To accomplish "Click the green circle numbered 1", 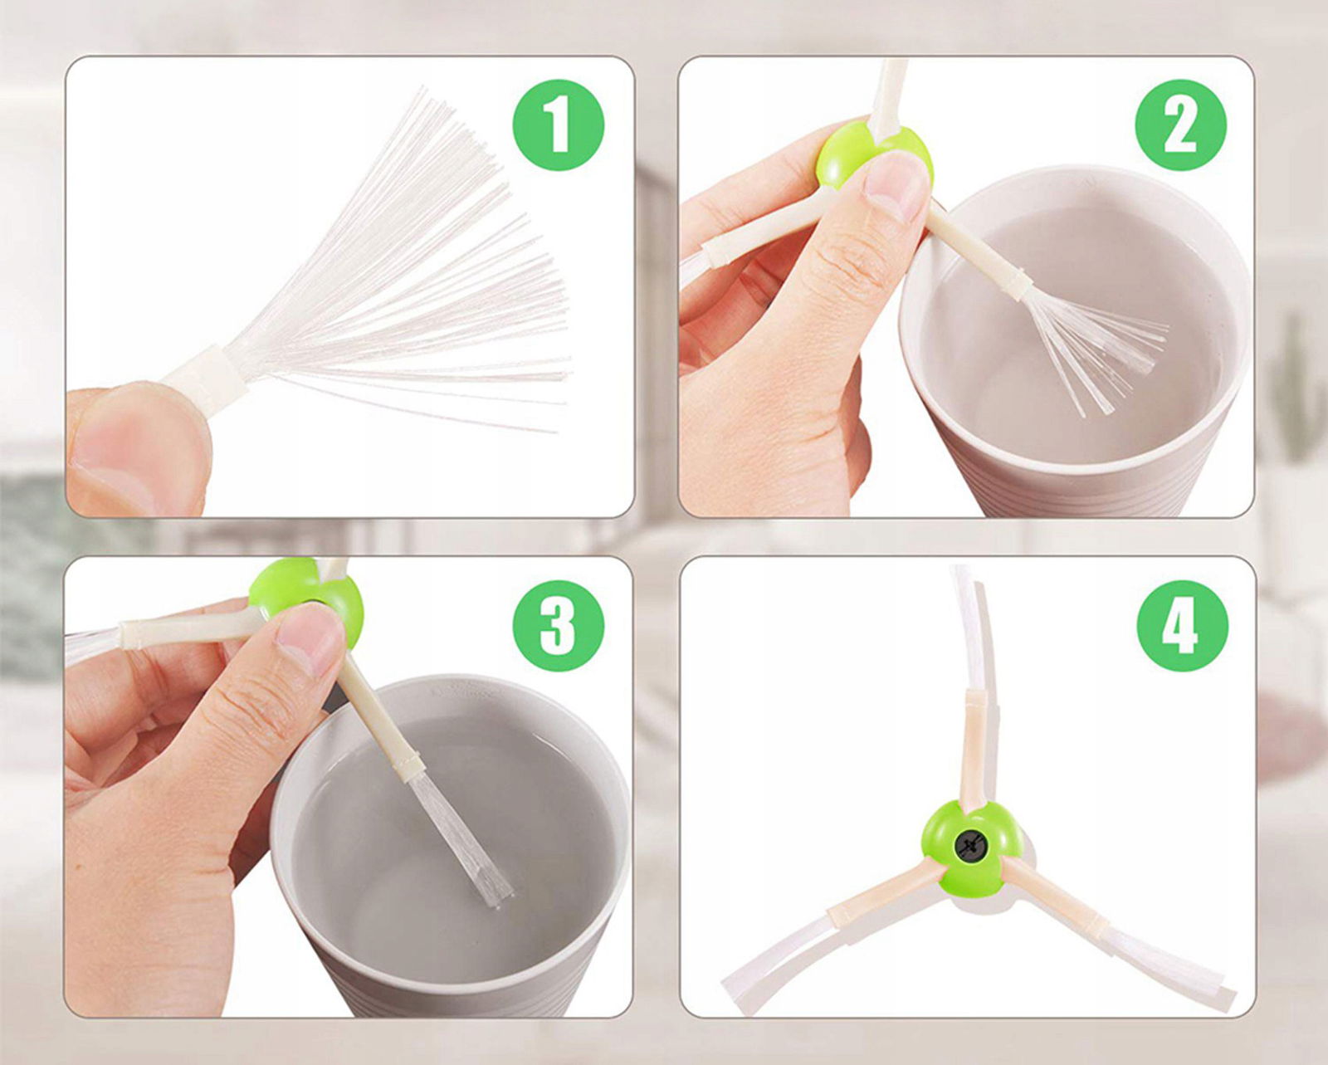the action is [559, 125].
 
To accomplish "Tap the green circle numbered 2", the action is [1181, 125].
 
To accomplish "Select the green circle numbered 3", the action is [559, 626].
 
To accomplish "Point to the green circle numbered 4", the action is [1182, 626].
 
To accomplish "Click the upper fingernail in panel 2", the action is [895, 185].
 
